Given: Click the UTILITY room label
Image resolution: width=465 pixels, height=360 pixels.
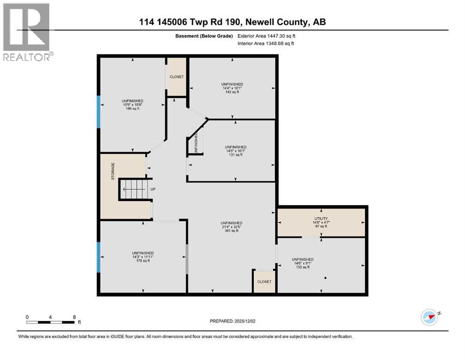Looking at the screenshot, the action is click(321, 218).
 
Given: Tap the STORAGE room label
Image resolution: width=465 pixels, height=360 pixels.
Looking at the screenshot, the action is click(113, 171).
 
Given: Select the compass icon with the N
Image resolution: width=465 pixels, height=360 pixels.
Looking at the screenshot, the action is click(429, 317).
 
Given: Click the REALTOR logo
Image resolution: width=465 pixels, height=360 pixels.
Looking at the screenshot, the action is click(28, 32).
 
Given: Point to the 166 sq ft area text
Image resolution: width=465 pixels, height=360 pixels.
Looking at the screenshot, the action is click(133, 109).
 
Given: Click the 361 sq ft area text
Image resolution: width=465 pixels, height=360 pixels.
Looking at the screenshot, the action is click(231, 231).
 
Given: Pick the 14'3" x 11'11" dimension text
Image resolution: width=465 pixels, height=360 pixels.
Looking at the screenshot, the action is click(143, 257).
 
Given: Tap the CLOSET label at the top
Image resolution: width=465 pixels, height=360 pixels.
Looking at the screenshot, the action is click(177, 77).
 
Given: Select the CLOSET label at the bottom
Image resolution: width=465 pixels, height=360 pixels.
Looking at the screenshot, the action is click(264, 282).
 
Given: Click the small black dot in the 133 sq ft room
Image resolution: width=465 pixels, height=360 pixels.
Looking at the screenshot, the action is click(325, 278).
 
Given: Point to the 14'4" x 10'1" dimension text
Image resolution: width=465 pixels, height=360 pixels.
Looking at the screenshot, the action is click(232, 88).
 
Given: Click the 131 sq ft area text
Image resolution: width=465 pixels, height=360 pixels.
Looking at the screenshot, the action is click(236, 155).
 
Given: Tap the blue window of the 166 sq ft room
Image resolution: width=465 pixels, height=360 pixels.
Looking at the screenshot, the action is click(99, 112).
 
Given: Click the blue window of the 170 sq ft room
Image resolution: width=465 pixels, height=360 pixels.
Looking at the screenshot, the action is click(99, 257).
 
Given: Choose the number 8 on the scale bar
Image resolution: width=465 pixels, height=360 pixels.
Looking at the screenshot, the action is click(74, 317).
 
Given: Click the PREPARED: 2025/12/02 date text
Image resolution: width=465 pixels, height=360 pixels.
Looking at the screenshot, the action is click(232, 321).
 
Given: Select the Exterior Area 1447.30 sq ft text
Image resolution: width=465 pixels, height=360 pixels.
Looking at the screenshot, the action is click(266, 36).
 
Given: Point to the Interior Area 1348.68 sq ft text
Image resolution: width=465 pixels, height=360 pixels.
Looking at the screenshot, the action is click(266, 43).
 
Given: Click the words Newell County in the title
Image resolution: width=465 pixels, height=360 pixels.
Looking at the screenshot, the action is click(276, 22).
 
